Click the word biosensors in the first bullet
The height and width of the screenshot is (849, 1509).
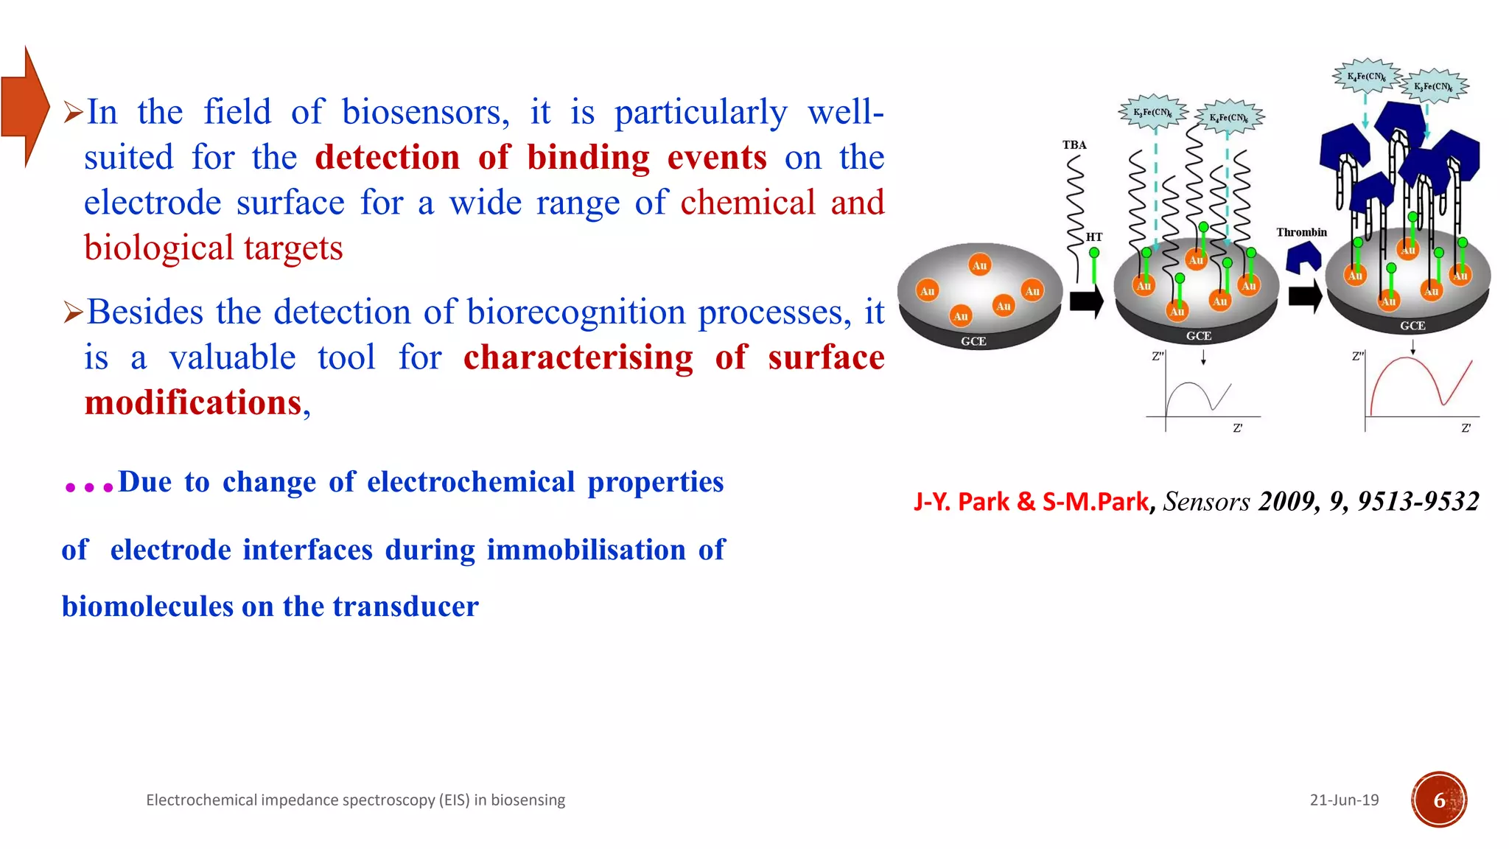(425, 113)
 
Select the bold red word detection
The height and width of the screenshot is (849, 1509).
(387, 158)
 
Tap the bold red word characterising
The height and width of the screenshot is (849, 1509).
(578, 357)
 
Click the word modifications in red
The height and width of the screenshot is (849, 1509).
(193, 403)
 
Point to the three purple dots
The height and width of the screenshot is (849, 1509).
(88, 487)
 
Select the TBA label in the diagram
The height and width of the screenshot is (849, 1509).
(1074, 145)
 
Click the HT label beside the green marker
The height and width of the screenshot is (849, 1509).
(1094, 237)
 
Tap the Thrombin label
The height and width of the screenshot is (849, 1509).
(1301, 232)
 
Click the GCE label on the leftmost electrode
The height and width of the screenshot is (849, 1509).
(973, 341)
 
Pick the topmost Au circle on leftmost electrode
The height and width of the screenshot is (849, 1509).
(979, 265)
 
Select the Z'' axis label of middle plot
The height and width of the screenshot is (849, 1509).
(1158, 356)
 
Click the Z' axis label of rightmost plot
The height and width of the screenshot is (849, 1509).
(1466, 427)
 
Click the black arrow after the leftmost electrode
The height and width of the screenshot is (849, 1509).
(1085, 301)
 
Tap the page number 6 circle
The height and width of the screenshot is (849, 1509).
(1439, 800)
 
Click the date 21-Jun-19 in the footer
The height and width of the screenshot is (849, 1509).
(1344, 800)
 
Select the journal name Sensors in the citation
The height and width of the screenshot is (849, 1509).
(1206, 502)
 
